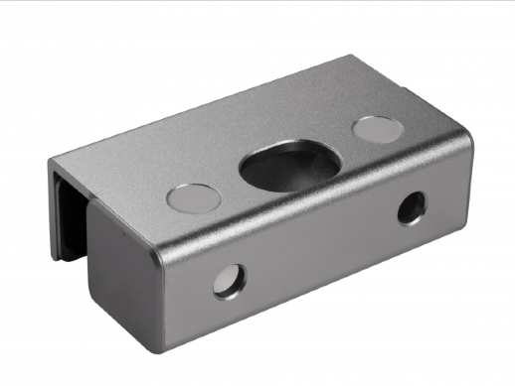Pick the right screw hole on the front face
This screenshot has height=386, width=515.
(x=410, y=207)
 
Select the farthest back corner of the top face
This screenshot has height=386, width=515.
(x=350, y=58)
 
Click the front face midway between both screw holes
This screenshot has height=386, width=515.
(x=318, y=246)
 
